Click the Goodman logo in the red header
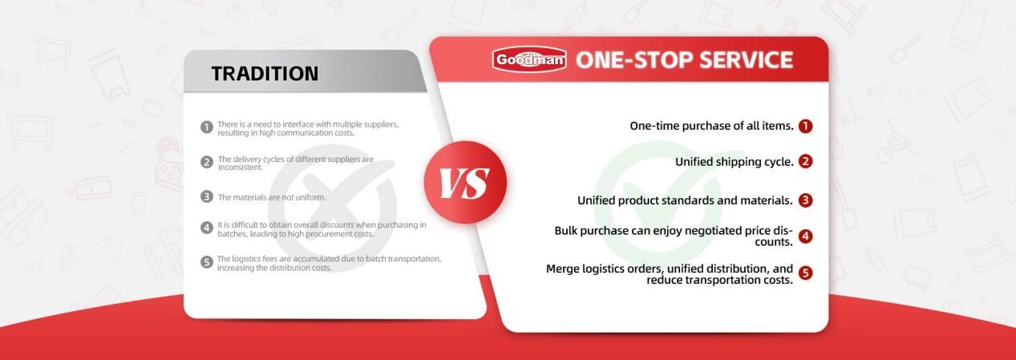tap(529, 59)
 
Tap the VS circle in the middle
tap(465, 182)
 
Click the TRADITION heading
tap(265, 74)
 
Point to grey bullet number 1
tap(207, 127)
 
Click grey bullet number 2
tap(207, 162)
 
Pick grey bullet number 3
tap(207, 196)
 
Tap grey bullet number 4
tap(207, 228)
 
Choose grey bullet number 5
tap(207, 262)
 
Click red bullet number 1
tap(806, 126)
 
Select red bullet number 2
tap(806, 161)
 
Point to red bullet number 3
tap(806, 200)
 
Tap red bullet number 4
tap(806, 237)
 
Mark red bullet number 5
tap(806, 273)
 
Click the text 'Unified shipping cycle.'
tap(735, 162)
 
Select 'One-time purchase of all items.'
tap(711, 126)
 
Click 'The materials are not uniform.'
tap(272, 197)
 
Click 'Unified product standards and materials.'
tap(685, 200)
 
